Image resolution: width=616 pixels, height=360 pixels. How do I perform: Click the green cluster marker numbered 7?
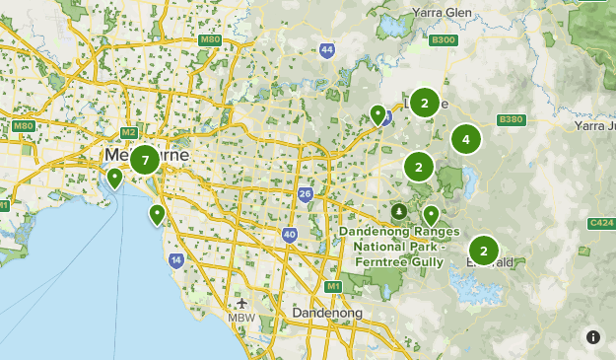[145, 160]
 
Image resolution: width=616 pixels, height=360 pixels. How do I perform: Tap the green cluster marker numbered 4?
[466, 140]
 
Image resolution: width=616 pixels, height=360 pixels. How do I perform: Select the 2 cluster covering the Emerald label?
[483, 251]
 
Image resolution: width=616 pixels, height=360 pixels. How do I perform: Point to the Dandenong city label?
[327, 313]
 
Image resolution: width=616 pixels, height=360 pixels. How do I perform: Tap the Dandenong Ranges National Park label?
[399, 245]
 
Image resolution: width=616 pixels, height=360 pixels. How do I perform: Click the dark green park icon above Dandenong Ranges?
[398, 211]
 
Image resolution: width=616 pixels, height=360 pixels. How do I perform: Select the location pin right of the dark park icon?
[431, 214]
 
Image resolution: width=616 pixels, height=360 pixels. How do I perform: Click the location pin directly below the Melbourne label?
[115, 178]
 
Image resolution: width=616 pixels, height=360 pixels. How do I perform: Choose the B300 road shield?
[444, 40]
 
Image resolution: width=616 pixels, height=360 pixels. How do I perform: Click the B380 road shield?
[511, 119]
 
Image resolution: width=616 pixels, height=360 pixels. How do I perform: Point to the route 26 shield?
[306, 194]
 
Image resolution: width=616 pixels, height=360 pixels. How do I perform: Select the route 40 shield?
[289, 235]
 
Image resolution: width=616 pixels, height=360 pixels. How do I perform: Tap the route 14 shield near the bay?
[175, 260]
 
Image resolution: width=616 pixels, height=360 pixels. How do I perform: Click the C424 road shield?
[601, 224]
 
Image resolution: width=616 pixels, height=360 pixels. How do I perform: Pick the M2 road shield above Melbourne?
[128, 132]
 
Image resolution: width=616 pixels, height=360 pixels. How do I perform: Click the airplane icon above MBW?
[241, 303]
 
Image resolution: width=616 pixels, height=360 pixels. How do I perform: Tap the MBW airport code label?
[241, 318]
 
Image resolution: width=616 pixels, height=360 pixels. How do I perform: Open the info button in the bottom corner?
[592, 337]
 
